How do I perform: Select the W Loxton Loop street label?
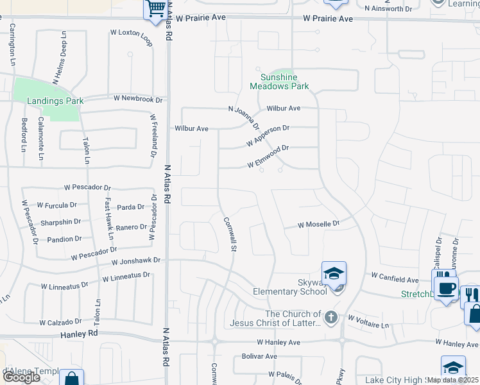(x=132, y=37)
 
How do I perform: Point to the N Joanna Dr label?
(x=244, y=117)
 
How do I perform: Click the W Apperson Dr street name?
(x=268, y=135)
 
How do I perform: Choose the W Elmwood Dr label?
(x=268, y=157)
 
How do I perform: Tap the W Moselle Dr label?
(x=318, y=225)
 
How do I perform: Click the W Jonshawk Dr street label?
(x=135, y=261)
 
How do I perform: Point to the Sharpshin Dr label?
(x=60, y=222)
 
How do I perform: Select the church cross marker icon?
(x=330, y=317)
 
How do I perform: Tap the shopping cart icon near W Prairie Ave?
(x=156, y=9)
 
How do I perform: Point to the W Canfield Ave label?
(x=395, y=279)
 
